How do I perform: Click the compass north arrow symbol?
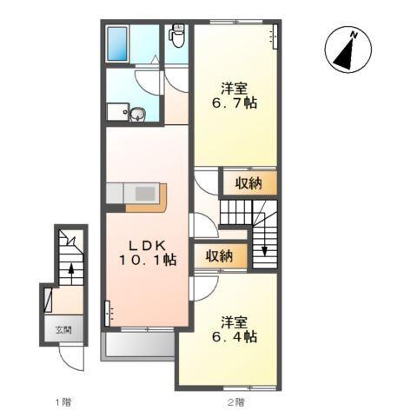[x=343, y=53]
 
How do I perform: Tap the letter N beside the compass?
[x=354, y=35]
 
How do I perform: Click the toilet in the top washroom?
[x=177, y=36]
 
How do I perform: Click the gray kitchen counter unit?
[x=135, y=194]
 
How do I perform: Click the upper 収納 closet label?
[x=248, y=183]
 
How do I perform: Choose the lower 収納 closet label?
[x=220, y=256]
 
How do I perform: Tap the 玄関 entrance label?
[x=63, y=330]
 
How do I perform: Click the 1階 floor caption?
[x=63, y=401]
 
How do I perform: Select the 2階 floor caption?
[x=235, y=401]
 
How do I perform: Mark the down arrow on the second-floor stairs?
[x=264, y=251]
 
